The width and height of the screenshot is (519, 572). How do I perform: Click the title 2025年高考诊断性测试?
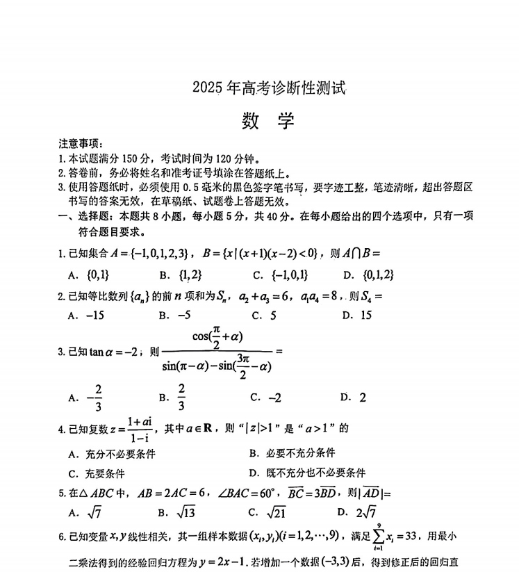click(269, 88)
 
